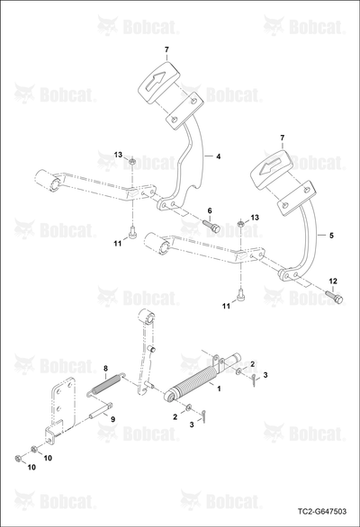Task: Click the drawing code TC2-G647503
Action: (x=322, y=512)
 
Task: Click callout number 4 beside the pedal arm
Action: (x=219, y=156)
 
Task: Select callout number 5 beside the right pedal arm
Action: (x=331, y=236)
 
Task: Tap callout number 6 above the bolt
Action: (x=210, y=210)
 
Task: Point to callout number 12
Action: (x=333, y=281)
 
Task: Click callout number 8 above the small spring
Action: (x=105, y=369)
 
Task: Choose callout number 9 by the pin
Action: (x=113, y=419)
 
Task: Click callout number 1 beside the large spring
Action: (x=219, y=389)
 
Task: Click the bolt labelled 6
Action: (x=211, y=225)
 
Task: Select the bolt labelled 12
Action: (x=335, y=297)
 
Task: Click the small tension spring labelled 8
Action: (x=107, y=384)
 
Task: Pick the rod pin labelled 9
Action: (x=100, y=411)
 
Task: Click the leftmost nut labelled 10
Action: (x=18, y=458)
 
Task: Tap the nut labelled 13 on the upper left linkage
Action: (x=132, y=163)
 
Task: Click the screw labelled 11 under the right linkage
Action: (x=240, y=294)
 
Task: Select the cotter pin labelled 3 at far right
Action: (x=255, y=380)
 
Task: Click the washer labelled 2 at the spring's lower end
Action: (x=189, y=407)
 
